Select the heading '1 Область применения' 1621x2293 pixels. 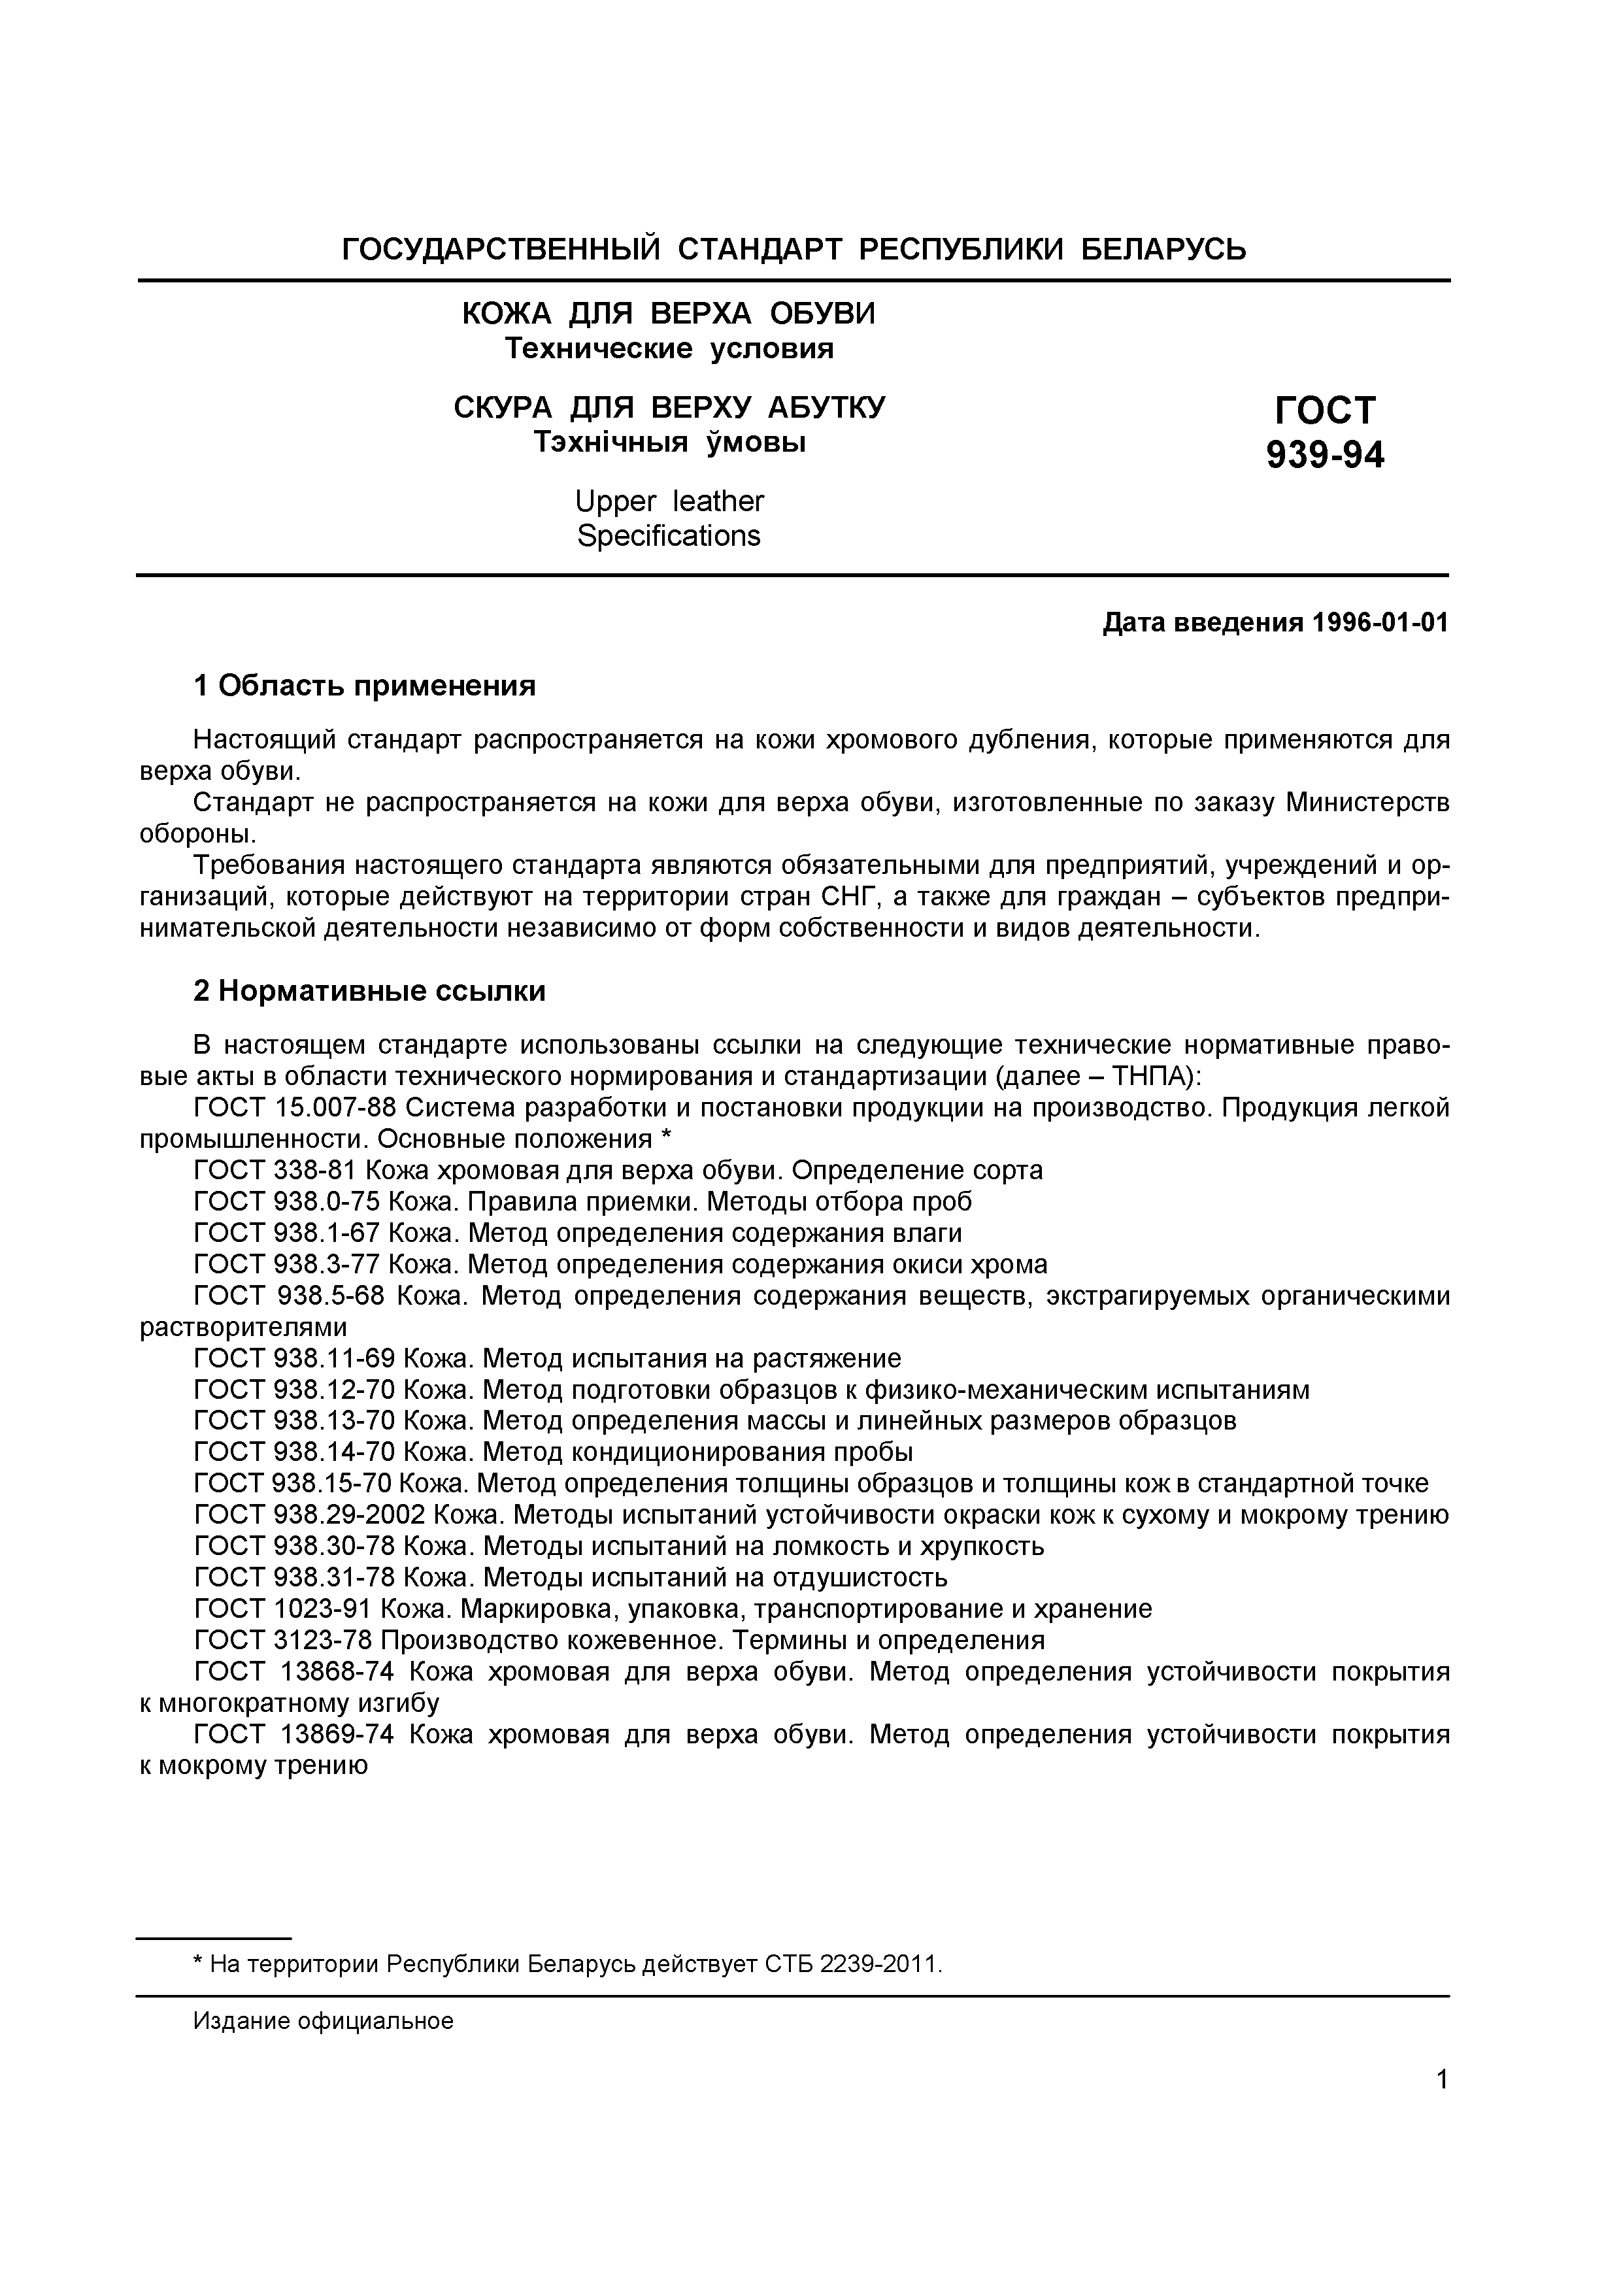pos(365,686)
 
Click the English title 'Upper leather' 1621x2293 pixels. pos(669,501)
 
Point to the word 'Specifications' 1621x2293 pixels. pos(669,536)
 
